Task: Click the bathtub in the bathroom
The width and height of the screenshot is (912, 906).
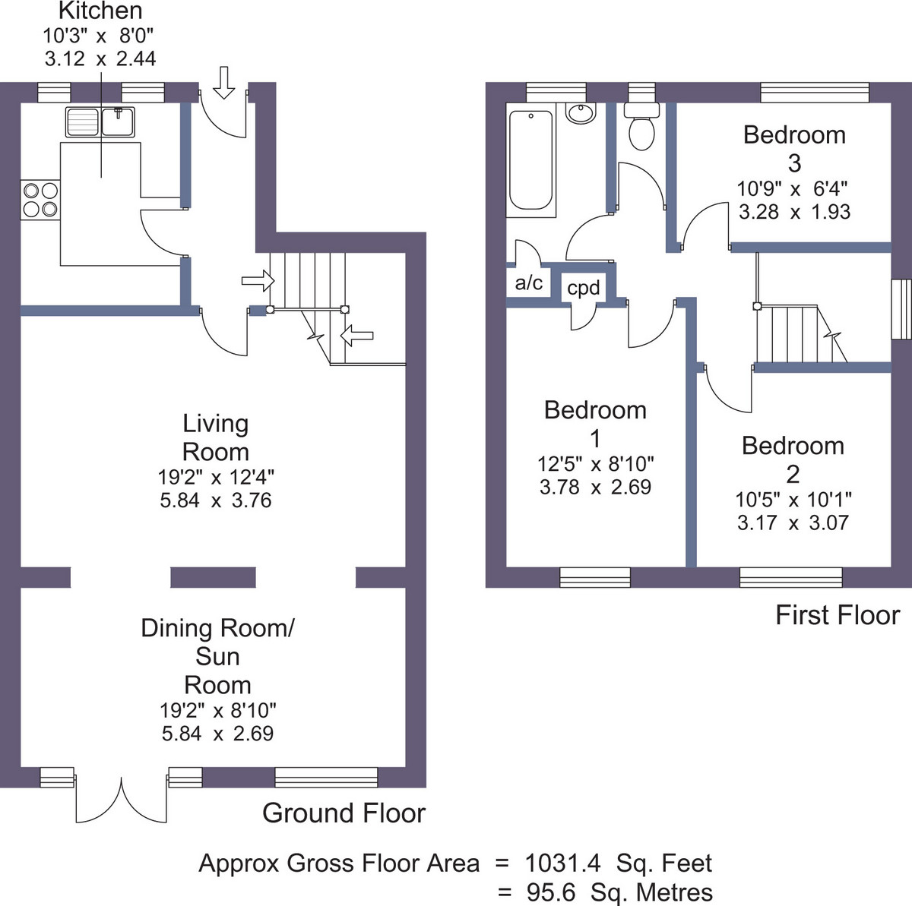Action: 530,160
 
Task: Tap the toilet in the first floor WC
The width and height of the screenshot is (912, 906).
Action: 641,126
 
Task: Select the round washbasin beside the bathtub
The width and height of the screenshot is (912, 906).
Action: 580,114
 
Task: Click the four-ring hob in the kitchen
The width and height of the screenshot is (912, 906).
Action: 40,200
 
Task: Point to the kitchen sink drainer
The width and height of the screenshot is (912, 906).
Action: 82,122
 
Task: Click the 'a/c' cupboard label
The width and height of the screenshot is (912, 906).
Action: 529,283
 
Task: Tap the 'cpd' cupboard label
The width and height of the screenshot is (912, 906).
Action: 583,288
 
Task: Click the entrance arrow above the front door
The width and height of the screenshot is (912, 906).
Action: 224,83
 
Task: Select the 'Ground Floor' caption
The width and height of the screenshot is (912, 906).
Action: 344,813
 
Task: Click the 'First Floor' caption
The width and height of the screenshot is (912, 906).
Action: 838,615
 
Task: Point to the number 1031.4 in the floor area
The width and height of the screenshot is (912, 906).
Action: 562,863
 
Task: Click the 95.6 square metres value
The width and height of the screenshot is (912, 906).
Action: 551,893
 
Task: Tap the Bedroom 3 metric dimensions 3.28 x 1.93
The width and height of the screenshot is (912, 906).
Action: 795,212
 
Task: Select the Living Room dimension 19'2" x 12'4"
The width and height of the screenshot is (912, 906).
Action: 216,477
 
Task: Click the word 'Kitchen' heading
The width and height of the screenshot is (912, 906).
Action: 100,11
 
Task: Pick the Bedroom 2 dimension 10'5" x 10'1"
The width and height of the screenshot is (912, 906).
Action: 793,499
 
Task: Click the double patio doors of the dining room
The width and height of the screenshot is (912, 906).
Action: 121,800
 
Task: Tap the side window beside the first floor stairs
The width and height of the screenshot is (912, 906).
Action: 901,309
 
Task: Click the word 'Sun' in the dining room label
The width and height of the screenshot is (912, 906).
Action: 217,657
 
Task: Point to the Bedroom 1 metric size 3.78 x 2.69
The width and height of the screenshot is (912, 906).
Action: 595,487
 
